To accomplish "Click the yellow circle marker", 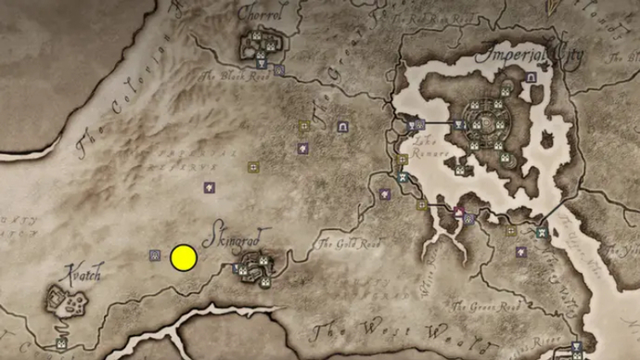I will pos(184,257).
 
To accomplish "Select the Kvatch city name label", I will pos(80,274).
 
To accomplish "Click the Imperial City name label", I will pos(530,55).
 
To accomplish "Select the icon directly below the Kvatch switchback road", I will pos(61,343).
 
